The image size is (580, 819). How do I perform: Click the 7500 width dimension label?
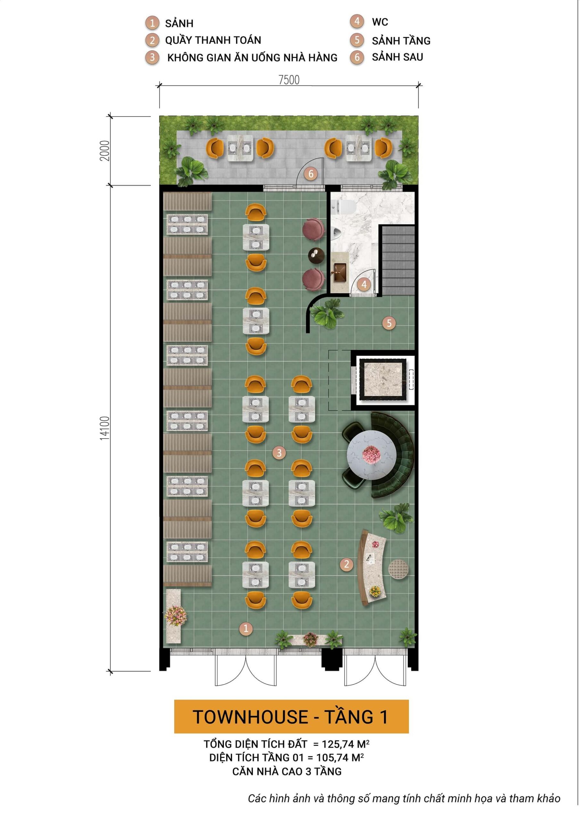tap(289, 80)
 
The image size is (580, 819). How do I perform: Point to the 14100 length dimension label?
tap(105, 428)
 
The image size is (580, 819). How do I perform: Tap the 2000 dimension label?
tap(105, 151)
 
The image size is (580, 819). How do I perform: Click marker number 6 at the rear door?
tap(311, 174)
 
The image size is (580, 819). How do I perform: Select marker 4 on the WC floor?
tap(364, 284)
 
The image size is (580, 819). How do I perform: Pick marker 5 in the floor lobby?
tap(389, 323)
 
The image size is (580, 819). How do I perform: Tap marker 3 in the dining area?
tap(279, 453)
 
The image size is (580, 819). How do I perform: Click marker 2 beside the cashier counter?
tap(346, 564)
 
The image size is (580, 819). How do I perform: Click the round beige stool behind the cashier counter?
tap(398, 569)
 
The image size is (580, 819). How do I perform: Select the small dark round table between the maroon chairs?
tap(316, 255)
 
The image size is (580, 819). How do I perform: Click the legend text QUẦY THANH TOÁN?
tap(213, 40)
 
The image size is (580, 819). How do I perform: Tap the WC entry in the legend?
tap(380, 22)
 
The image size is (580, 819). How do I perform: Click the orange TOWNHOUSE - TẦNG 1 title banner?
tap(291, 717)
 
